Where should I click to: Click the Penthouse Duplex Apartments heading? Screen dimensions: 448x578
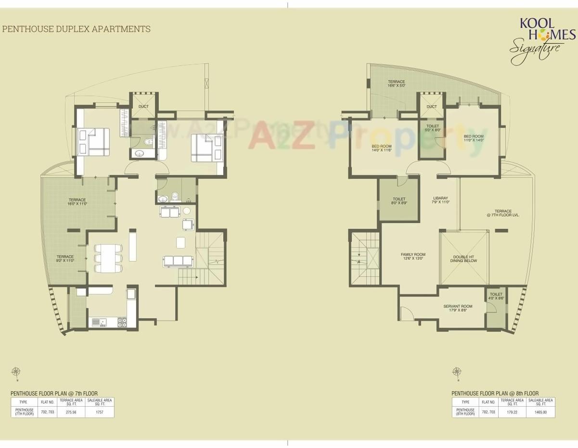(76, 29)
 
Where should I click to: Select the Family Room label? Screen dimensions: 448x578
(413, 257)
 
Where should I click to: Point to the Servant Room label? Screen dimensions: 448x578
(458, 308)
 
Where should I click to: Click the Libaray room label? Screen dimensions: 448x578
(440, 200)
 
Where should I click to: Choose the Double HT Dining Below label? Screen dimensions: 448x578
(463, 259)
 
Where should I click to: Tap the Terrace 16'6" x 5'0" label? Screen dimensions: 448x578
(397, 84)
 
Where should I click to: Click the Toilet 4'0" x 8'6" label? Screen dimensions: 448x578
(496, 296)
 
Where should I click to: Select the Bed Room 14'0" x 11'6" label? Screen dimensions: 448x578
(382, 148)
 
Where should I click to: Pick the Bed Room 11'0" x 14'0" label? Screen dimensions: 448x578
(474, 138)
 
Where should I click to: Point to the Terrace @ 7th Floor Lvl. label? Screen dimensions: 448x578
(503, 213)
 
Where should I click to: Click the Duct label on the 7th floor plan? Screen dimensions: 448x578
(143, 106)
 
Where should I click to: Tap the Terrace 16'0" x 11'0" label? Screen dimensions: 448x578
(77, 202)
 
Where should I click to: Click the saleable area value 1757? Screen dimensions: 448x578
(100, 412)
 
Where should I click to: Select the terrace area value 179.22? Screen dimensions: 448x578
(512, 412)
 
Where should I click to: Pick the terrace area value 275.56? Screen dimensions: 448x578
(71, 412)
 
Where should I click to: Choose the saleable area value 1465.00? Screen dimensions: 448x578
(540, 412)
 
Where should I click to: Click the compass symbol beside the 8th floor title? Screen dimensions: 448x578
(457, 372)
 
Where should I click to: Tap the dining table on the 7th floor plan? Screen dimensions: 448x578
(108, 258)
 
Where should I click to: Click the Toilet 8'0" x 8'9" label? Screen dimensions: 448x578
(399, 201)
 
